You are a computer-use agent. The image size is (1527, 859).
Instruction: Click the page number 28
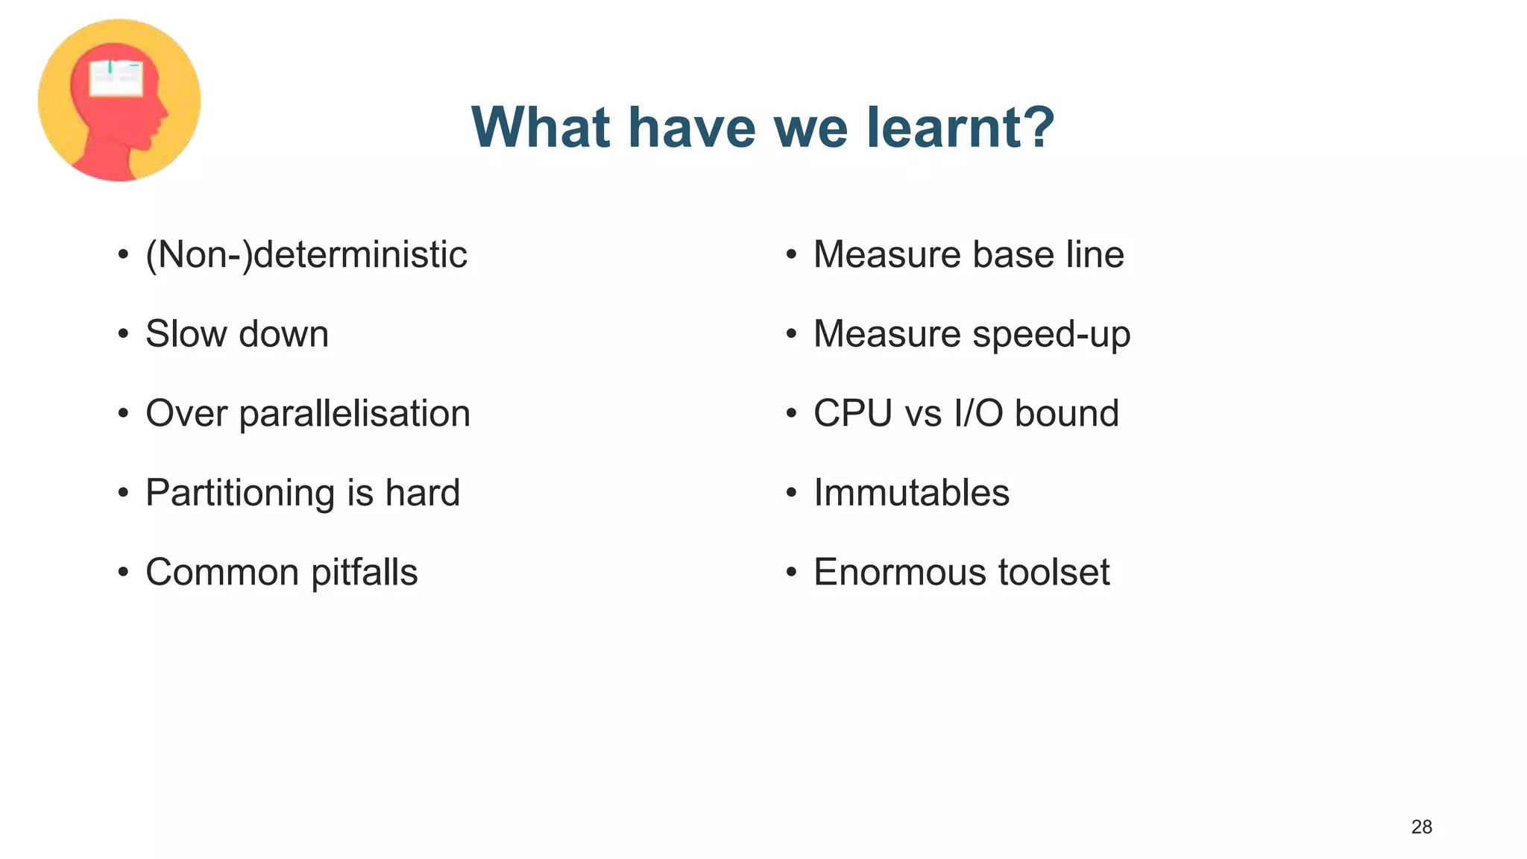point(1421,827)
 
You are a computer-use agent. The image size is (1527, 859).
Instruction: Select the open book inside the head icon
point(116,78)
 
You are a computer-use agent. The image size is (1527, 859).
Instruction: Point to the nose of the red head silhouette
point(165,113)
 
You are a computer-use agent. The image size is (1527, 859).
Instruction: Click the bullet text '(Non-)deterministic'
point(306,255)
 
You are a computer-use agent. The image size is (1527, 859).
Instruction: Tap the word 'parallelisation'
point(354,414)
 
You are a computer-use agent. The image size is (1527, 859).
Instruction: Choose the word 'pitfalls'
point(364,573)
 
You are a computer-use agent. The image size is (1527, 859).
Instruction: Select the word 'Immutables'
point(911,493)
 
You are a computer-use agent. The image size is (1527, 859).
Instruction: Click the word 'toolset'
point(1054,573)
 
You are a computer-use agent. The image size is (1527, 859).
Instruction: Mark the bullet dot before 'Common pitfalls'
point(123,573)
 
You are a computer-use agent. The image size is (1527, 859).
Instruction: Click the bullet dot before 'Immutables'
point(791,493)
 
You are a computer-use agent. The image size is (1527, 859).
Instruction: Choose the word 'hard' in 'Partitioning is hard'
point(422,493)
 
